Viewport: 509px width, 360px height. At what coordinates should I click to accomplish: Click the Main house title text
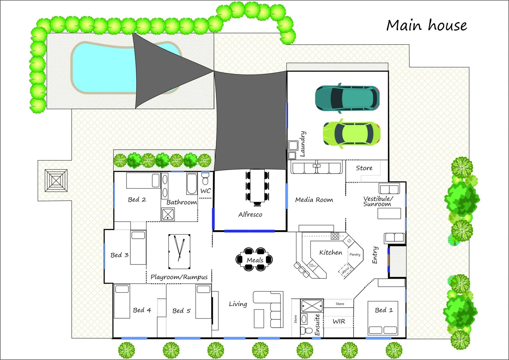click(x=426, y=25)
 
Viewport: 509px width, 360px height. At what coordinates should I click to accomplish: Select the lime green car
click(x=352, y=134)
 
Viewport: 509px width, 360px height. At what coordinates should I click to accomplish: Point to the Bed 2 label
click(x=137, y=200)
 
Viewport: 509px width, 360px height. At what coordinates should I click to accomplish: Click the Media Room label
click(x=314, y=200)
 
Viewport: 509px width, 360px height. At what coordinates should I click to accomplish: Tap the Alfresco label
click(x=250, y=215)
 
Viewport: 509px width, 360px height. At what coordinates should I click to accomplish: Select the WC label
click(x=206, y=191)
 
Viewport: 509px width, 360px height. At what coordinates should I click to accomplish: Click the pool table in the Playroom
click(x=179, y=251)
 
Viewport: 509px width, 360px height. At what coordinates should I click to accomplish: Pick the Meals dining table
click(x=255, y=259)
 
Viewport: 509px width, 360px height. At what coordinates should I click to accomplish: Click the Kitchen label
click(x=330, y=253)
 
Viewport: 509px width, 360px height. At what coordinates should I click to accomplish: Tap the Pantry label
click(x=355, y=255)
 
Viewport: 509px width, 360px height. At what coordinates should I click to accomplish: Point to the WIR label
click(x=339, y=321)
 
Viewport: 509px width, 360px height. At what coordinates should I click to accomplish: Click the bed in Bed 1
click(x=383, y=318)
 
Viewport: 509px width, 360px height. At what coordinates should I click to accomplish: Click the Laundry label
click(x=302, y=144)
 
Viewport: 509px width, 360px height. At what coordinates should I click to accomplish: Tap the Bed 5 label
click(x=181, y=311)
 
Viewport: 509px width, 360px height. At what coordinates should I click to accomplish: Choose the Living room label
click(x=238, y=304)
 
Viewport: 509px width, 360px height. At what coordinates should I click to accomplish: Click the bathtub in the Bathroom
click(x=192, y=183)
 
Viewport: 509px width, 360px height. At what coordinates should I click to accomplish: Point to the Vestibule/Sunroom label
click(x=378, y=201)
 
